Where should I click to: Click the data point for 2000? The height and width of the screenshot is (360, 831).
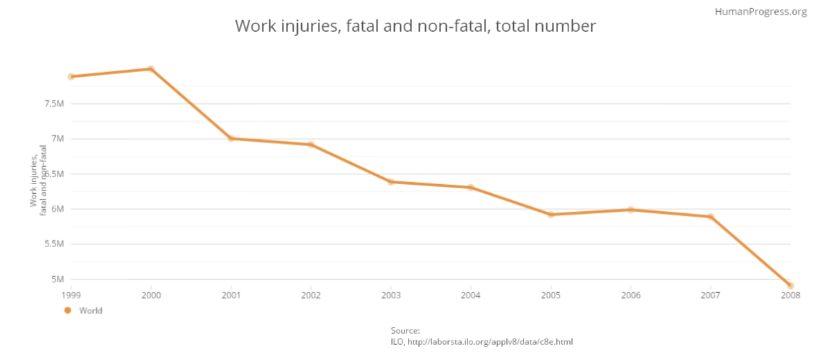151,69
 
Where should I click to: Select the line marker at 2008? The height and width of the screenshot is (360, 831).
790,285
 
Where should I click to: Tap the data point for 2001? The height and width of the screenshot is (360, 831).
231,138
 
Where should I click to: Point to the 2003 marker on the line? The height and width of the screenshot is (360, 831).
391,181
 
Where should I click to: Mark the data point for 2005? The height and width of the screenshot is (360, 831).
551,215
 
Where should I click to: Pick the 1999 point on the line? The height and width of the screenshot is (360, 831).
71,76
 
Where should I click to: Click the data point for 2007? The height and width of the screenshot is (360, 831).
711,217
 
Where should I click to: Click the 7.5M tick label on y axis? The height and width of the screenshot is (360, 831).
55,104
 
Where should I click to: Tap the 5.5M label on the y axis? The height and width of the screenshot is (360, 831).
55,244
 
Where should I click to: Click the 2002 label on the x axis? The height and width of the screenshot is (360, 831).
311,294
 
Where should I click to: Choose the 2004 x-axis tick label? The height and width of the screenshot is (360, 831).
471,294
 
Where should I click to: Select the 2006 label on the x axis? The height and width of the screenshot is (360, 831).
630,294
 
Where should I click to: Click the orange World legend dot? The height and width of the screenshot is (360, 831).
68,311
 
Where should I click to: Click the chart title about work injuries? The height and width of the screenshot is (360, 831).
415,26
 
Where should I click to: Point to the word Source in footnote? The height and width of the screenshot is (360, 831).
405,331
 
